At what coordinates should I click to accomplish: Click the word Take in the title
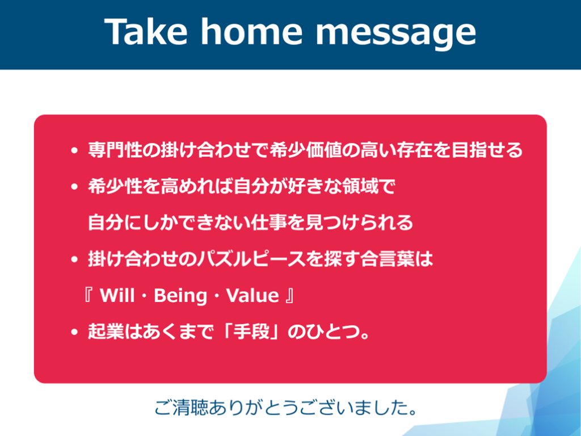(x=146, y=32)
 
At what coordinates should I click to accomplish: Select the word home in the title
(x=251, y=32)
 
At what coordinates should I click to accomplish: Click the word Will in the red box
(x=117, y=295)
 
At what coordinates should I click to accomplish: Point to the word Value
(x=252, y=295)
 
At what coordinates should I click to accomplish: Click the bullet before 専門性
(x=74, y=150)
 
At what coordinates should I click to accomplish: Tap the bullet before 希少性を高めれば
(x=74, y=186)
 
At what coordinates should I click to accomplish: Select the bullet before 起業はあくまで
(x=74, y=332)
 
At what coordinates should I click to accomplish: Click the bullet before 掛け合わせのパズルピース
(x=74, y=259)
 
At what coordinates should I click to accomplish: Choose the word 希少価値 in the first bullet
(x=305, y=150)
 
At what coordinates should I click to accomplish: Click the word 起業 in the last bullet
(x=106, y=332)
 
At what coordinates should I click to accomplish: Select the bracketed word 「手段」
(x=250, y=332)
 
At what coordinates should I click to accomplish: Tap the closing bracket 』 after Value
(x=290, y=295)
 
